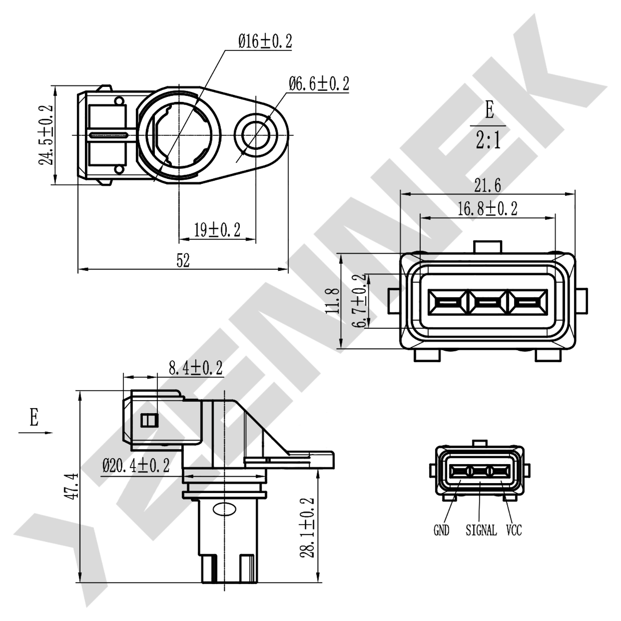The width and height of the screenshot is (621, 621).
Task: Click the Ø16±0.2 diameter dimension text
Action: [265, 41]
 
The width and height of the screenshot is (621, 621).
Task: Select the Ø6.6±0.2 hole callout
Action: [319, 84]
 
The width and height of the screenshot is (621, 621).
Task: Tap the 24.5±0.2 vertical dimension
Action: [46, 135]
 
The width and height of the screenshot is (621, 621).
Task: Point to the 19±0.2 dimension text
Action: [217, 230]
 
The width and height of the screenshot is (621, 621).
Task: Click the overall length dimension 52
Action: [183, 261]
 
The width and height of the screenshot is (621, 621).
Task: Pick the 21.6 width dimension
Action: [487, 185]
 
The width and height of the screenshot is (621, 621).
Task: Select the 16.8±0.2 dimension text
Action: [487, 209]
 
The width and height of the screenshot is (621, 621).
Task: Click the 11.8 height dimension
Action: [332, 301]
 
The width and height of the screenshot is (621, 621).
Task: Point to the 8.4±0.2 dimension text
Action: [195, 368]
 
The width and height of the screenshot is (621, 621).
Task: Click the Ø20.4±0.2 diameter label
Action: [136, 466]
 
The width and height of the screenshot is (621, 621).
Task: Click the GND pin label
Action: [441, 530]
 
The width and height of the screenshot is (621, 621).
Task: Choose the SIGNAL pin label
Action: [481, 530]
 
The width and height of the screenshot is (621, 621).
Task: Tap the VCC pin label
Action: [514, 530]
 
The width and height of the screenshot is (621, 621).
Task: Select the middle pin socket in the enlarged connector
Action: [487, 302]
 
